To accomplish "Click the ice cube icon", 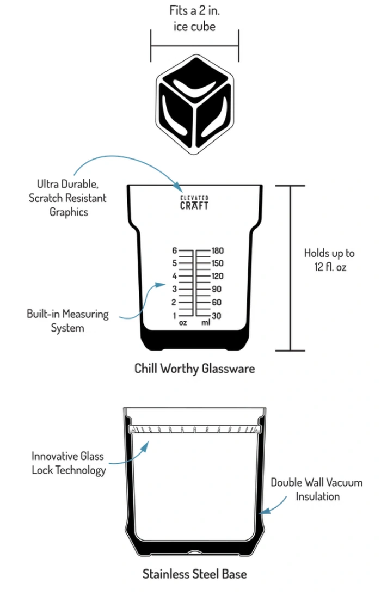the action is click(x=195, y=105).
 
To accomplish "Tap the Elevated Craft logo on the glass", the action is click(x=194, y=203).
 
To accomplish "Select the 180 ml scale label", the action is click(x=218, y=250).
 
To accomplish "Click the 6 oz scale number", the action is click(x=175, y=250).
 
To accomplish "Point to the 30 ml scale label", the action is click(x=217, y=316).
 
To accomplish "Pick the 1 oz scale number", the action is click(x=175, y=316).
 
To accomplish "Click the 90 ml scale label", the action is click(x=217, y=289).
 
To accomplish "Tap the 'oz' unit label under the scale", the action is click(x=183, y=323).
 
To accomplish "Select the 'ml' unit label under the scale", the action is click(x=206, y=323).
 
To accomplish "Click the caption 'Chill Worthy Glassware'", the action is click(x=195, y=369).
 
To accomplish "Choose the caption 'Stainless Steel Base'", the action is click(x=195, y=574).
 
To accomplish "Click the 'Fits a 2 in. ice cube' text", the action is click(x=195, y=18).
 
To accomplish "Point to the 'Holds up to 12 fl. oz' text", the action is click(x=329, y=260).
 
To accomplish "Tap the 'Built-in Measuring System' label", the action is click(x=67, y=321).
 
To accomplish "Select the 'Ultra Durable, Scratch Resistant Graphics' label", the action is click(x=67, y=198).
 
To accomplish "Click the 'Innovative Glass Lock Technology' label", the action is click(x=68, y=463).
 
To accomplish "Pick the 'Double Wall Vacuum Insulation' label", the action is click(x=317, y=489).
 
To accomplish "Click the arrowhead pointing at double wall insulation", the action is click(x=265, y=510).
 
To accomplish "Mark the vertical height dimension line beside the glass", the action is click(x=291, y=268).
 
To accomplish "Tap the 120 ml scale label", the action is click(x=218, y=276).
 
